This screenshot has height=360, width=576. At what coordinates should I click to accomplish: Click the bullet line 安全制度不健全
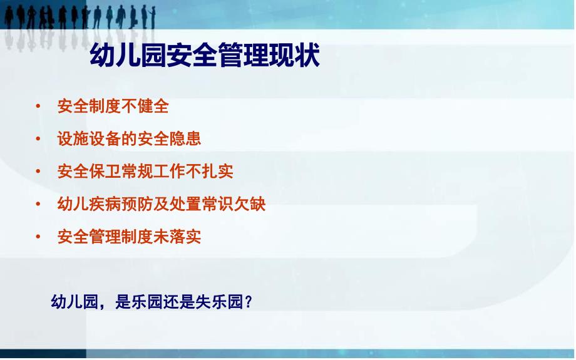(x=113, y=106)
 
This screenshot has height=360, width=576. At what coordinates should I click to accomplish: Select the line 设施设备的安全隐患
(x=129, y=138)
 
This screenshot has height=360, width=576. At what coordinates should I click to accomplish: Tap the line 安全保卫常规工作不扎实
(x=145, y=171)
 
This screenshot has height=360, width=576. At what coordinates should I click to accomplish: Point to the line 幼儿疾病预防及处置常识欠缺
(x=162, y=204)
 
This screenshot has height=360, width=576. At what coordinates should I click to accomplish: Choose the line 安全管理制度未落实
(x=129, y=237)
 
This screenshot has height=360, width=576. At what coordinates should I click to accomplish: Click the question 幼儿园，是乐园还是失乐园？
(x=152, y=302)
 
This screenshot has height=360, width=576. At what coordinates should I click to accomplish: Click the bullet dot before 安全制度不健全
(x=38, y=106)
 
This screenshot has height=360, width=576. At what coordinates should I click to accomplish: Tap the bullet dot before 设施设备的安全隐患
(x=38, y=138)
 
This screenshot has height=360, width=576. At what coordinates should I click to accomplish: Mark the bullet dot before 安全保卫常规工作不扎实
(x=38, y=171)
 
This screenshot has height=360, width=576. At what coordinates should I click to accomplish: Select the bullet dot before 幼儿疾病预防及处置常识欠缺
(x=38, y=204)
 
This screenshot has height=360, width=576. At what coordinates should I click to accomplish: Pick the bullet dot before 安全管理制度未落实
(x=38, y=237)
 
